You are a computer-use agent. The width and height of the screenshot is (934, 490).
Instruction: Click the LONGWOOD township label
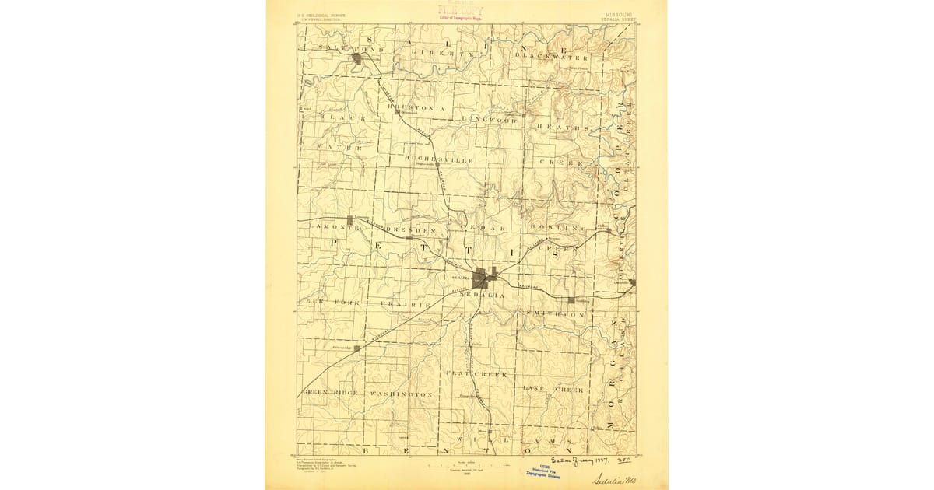pos(490,119)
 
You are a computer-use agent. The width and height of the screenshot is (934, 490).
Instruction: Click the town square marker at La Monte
pos(350,220)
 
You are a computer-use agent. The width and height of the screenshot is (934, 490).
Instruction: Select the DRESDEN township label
pos(406,231)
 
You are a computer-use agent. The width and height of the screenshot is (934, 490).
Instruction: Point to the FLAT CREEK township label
pos(476,374)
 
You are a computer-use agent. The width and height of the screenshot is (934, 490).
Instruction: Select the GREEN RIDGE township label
pos(330,393)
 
